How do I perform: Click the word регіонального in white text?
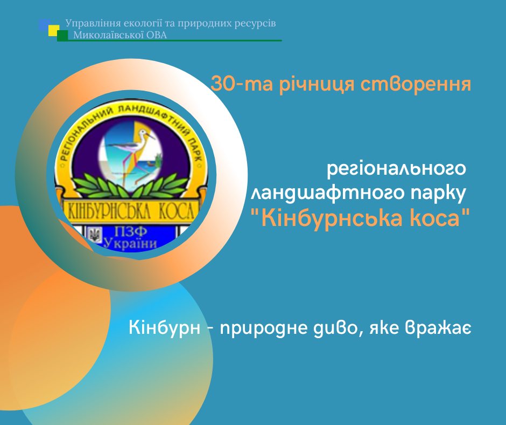(397, 169)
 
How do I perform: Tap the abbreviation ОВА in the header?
(157, 35)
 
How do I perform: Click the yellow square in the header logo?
(54, 30)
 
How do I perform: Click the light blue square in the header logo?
(44, 25)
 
